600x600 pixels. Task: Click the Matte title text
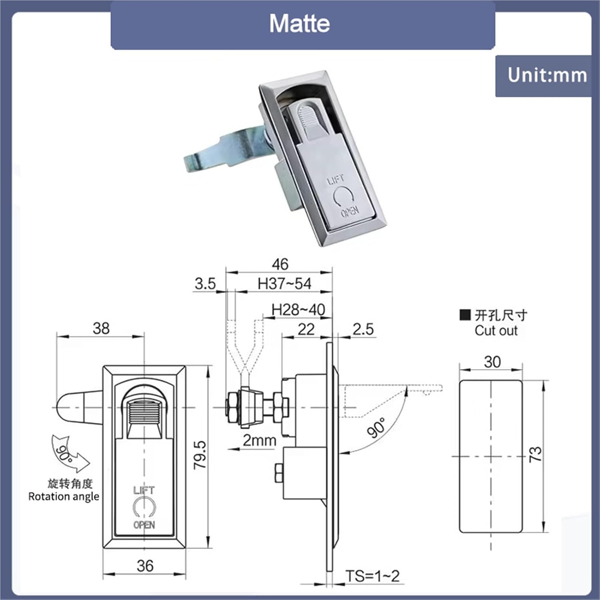[x=299, y=24]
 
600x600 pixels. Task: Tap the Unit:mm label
[x=547, y=75]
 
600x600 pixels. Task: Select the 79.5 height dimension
[x=200, y=455]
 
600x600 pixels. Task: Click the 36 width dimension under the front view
[x=145, y=566]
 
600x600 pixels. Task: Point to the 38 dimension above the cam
[x=101, y=328]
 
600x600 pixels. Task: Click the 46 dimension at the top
[x=280, y=264]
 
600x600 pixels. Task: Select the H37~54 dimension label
[x=284, y=284]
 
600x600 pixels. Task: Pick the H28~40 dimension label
[x=298, y=310]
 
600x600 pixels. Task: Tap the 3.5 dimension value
[x=205, y=284]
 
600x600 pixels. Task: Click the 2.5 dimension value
[x=363, y=329]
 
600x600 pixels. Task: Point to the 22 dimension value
[x=306, y=329]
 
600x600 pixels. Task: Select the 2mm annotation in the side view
[x=260, y=440]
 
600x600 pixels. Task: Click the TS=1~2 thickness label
[x=372, y=576]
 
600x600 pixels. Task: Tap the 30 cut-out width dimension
[x=492, y=362]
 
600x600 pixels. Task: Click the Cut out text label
[x=496, y=331]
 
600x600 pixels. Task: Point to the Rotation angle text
[x=64, y=496]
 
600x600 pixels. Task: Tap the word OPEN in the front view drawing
[x=144, y=524]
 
